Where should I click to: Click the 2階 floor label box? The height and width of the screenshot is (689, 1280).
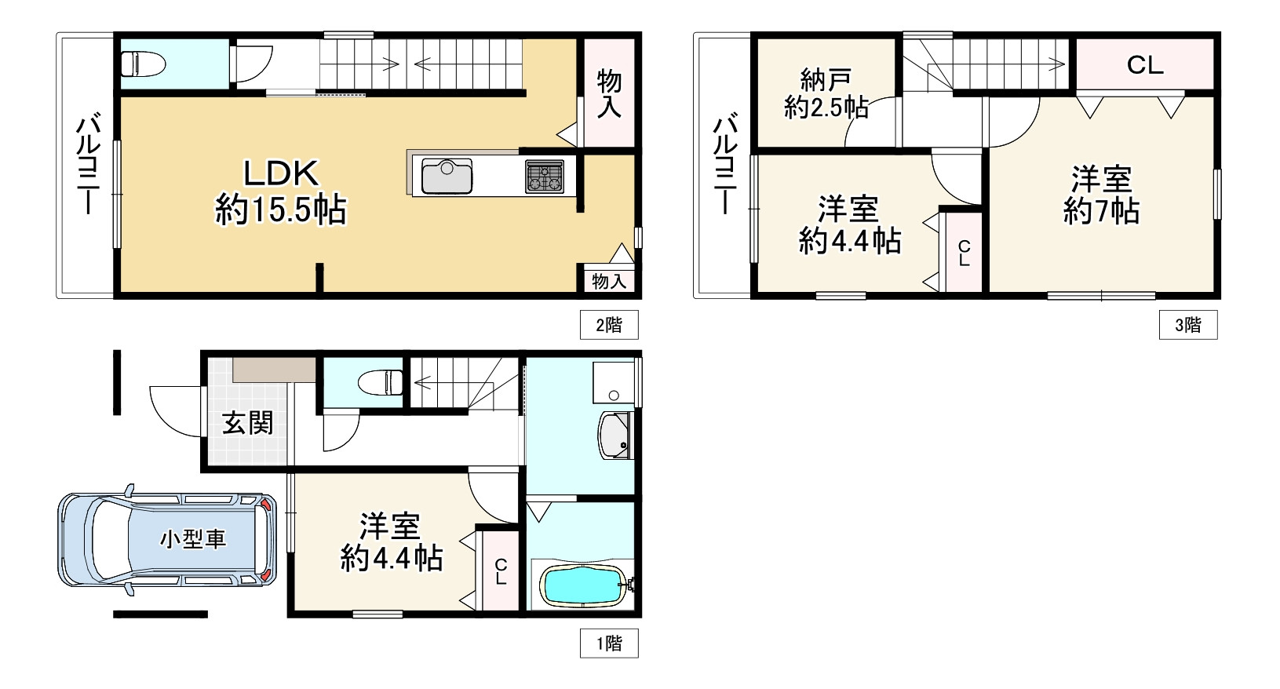click(609, 325)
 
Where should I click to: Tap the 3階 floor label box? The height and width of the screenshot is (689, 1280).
click(1188, 325)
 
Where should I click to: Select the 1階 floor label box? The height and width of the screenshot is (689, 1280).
click(609, 643)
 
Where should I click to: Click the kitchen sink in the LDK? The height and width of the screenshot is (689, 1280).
click(447, 176)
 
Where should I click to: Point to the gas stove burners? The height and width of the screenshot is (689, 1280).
click(545, 176)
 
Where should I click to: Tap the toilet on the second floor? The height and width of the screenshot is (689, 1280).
click(143, 63)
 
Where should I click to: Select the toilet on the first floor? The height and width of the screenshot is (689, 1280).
click(381, 382)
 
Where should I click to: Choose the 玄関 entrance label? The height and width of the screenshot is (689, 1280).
click(247, 423)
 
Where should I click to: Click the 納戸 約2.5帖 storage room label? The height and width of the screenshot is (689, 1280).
click(826, 93)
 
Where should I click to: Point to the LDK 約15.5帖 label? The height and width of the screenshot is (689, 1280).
click(281, 191)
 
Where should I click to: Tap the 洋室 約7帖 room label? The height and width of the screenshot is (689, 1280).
click(1101, 195)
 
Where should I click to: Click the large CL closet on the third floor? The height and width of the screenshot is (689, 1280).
click(1145, 64)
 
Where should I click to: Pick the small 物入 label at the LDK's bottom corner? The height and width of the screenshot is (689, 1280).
click(609, 281)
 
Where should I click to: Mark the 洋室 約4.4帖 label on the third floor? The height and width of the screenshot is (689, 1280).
click(850, 224)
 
